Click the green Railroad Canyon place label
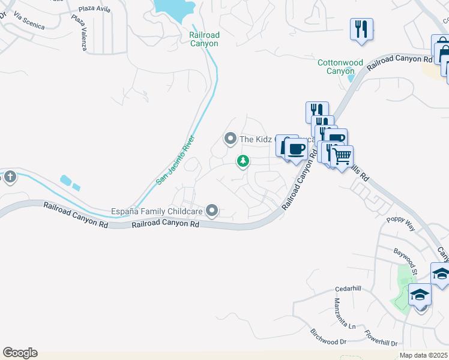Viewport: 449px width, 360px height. tap(203, 39)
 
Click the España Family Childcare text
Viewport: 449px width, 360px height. tap(157, 211)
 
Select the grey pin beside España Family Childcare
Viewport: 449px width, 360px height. tap(211, 210)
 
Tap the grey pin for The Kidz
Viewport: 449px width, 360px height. tap(230, 139)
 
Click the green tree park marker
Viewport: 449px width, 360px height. tap(243, 161)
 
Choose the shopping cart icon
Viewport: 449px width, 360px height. tap(342, 157)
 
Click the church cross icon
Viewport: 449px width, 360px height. tap(9, 177)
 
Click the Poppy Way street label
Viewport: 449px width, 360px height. tap(401, 224)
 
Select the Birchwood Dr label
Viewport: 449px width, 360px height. tap(328, 337)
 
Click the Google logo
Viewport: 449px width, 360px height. tap(20, 353)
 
